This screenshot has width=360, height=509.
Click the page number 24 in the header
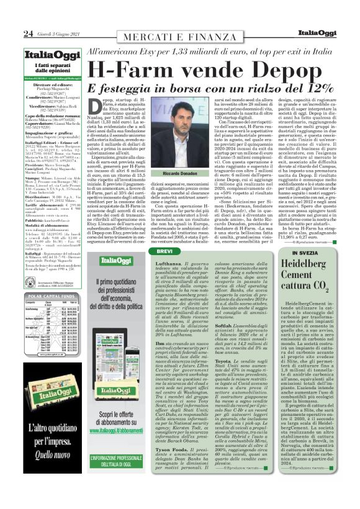28,33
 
